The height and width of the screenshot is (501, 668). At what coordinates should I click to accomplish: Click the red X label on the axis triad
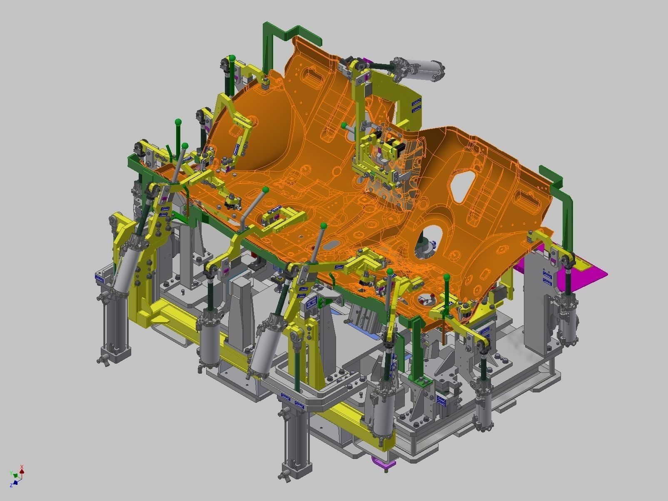(x=22, y=467)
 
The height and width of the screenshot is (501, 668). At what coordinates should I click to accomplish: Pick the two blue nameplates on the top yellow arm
(x=416, y=106)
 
